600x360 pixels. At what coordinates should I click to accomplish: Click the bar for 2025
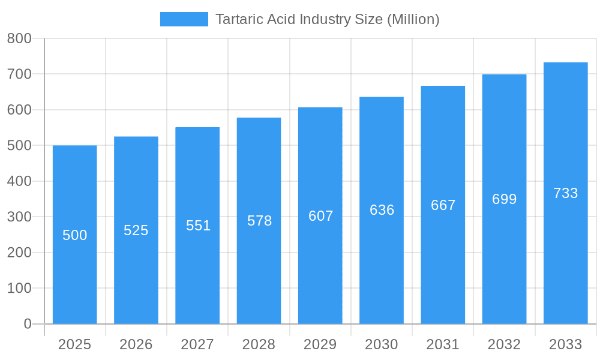(x=75, y=270)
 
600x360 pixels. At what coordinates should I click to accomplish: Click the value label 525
(x=136, y=230)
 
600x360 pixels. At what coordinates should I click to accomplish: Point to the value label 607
(x=320, y=216)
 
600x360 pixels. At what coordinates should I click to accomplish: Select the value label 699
(x=504, y=199)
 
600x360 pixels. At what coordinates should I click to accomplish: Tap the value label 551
(x=198, y=226)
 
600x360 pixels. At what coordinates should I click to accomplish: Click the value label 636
(x=382, y=210)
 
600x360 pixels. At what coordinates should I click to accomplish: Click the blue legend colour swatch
(x=184, y=19)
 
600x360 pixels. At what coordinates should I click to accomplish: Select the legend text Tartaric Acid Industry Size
(x=327, y=19)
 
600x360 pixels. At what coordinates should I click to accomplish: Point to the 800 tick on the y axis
(x=19, y=38)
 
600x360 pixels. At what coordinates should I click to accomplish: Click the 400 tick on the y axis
(x=19, y=181)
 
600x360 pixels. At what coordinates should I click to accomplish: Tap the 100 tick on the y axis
(x=19, y=288)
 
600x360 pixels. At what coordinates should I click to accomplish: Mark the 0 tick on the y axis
(x=27, y=324)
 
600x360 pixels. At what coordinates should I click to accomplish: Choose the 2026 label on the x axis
(x=136, y=344)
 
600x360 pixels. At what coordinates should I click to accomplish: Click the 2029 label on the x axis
(x=320, y=344)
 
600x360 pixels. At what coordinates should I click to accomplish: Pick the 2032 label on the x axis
(x=504, y=344)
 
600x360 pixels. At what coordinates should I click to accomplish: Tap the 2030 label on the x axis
(x=382, y=344)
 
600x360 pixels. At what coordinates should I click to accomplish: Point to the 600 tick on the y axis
(x=19, y=110)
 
